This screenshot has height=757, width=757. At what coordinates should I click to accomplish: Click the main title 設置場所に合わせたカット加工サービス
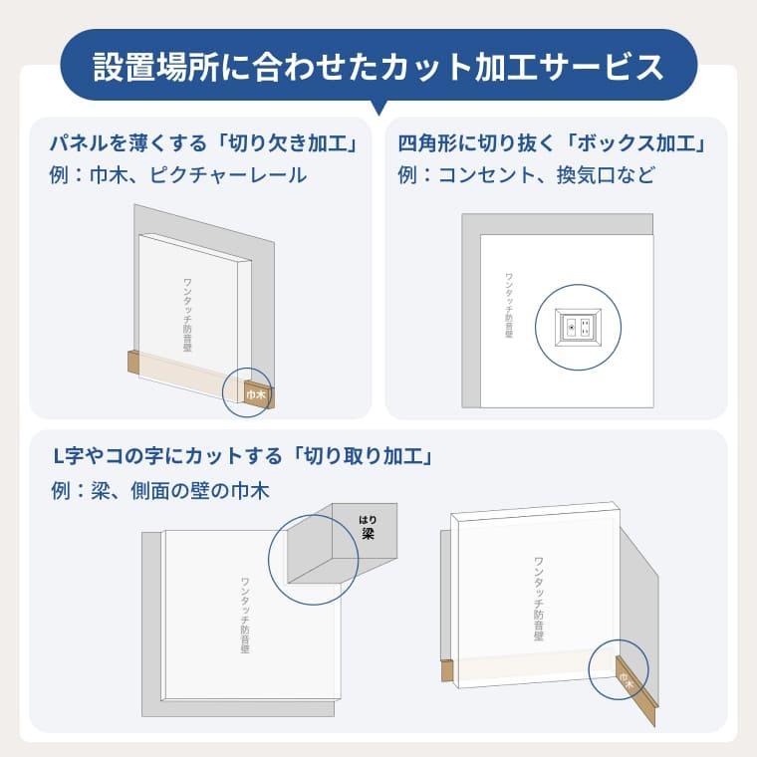378,66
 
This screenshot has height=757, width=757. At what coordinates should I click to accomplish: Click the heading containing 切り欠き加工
203,141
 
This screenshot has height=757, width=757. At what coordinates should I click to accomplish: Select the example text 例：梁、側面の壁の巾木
159,490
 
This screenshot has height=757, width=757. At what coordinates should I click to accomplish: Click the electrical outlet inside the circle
579,326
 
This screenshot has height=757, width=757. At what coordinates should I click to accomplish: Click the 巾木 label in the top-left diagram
255,394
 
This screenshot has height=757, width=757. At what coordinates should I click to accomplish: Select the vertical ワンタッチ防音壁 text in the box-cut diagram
509,305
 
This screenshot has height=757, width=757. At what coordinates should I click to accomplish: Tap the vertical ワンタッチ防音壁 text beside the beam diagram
245,615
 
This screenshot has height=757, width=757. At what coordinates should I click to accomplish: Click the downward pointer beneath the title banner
378,108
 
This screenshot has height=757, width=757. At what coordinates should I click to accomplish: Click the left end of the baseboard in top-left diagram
130,362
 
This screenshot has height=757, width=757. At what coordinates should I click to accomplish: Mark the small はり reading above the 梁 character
369,518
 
